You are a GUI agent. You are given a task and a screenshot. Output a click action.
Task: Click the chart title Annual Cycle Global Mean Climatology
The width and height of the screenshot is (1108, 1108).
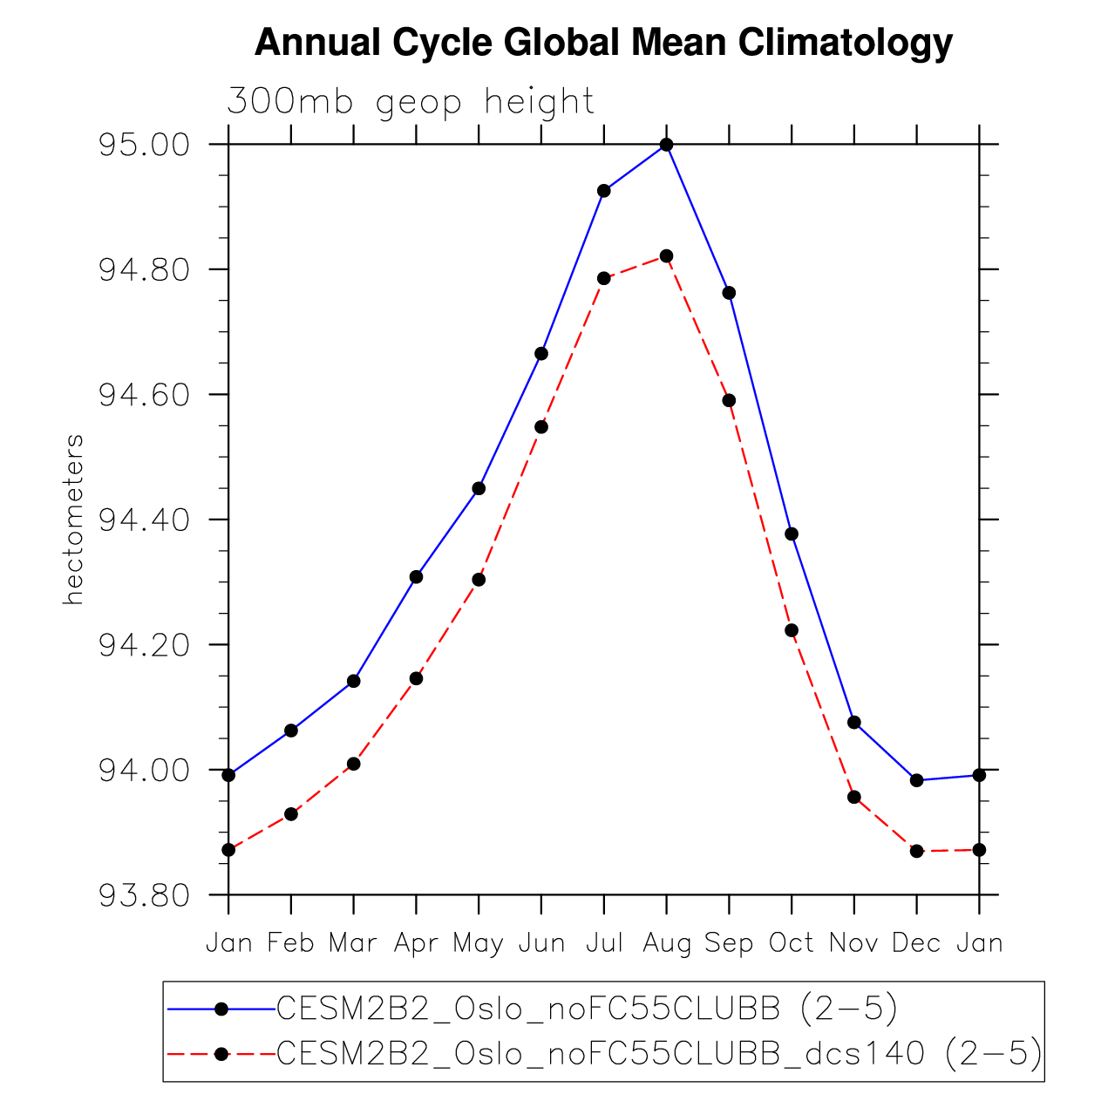pos(603,43)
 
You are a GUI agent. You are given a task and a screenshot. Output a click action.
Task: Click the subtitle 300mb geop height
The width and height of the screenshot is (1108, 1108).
pos(410,102)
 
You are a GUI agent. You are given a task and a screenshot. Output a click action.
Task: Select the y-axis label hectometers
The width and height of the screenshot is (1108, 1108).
pos(74,520)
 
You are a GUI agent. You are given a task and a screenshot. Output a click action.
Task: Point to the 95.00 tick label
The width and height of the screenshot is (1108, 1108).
pos(144,145)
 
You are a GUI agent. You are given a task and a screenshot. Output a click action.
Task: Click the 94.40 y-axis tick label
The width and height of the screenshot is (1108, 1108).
pos(144,520)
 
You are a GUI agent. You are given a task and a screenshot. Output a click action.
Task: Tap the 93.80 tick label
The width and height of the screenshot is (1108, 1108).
pos(144,895)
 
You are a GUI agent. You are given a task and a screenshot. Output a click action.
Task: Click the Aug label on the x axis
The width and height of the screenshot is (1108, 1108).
pos(667,943)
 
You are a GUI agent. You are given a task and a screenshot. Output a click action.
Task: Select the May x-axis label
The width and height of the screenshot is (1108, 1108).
pos(478,943)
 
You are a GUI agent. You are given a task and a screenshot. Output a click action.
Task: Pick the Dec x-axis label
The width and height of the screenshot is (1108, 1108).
pos(916,943)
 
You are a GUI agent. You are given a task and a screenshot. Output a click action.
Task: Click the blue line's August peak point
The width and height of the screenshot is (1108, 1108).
pos(667,145)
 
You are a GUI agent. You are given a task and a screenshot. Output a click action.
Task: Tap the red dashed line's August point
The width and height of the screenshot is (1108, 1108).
pos(667,256)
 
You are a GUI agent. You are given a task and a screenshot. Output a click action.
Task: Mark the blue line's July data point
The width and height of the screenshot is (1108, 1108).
pos(603,191)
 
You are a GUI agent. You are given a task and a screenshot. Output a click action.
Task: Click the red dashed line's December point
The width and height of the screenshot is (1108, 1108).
pos(916,851)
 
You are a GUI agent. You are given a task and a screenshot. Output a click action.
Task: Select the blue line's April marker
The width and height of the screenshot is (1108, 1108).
pos(416,577)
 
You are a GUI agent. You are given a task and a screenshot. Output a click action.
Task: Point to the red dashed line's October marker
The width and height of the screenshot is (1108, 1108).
pos(792,630)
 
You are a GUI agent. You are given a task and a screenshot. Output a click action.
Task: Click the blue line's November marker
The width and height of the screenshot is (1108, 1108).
pos(854,722)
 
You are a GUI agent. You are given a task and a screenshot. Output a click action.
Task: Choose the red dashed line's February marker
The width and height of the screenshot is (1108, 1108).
pos(291,814)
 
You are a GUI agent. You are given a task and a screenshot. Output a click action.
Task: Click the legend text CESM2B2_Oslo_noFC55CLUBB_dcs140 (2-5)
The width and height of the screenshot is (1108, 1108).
pos(659,1054)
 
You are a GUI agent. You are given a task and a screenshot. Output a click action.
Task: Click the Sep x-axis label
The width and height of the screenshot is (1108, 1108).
pos(729,943)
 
